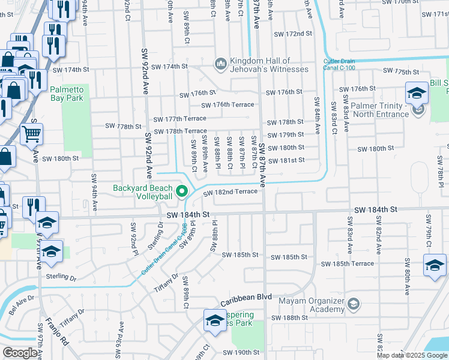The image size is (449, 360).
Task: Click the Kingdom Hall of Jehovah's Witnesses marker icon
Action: [x=220, y=63]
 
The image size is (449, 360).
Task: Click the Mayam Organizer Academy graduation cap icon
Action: [x=354, y=305]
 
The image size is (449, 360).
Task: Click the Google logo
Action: [x=20, y=353]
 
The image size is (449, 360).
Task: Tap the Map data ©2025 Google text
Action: [x=412, y=355]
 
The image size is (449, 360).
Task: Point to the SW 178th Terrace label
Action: [x=180, y=131]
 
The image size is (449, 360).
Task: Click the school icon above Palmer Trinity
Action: [x=415, y=93]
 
